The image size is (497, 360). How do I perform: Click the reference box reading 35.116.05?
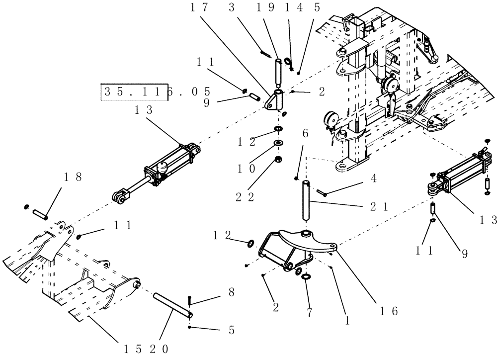pyautogui.click(x=156, y=92)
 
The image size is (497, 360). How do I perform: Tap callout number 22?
pyautogui.click(x=244, y=197)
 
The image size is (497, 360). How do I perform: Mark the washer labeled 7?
pyautogui.click(x=306, y=276)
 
